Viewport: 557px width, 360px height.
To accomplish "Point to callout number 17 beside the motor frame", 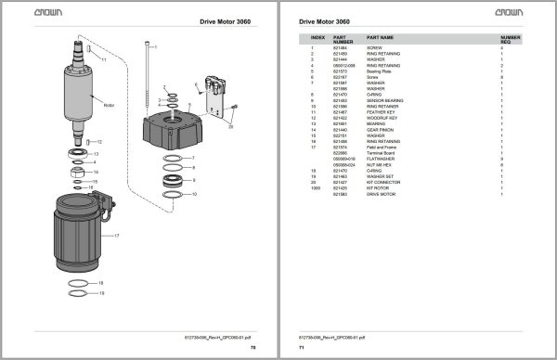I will tap(117, 236).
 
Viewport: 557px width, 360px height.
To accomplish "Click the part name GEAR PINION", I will tap(382, 129).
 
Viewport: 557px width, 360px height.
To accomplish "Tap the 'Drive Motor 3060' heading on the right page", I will tap(325, 20).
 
